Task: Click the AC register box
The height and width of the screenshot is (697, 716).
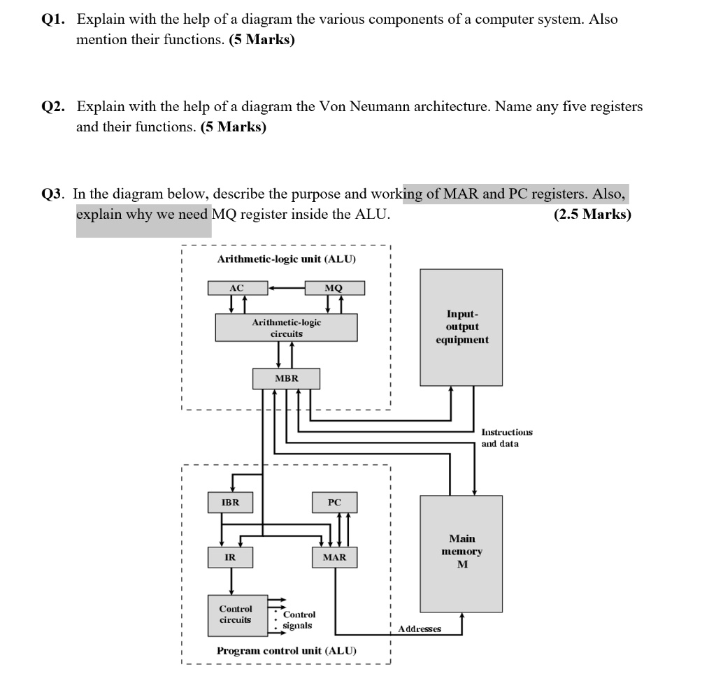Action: [236, 288]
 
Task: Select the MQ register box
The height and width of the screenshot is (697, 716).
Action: [335, 288]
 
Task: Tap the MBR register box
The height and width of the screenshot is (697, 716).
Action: [287, 378]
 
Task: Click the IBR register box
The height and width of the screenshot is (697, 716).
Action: [230, 502]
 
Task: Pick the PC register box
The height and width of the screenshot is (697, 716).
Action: [335, 502]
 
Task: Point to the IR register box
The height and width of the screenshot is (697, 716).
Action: [230, 557]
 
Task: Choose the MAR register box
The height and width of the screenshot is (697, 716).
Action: [335, 557]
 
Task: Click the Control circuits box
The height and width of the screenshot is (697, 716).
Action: [236, 614]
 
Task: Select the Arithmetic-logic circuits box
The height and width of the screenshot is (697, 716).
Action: [287, 328]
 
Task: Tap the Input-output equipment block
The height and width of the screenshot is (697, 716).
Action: [461, 327]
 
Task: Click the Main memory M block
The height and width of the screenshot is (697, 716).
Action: [461, 552]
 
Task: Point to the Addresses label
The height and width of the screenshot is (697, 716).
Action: [420, 629]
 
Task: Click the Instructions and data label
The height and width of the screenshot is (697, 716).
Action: [507, 438]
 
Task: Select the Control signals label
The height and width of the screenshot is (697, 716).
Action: [299, 619]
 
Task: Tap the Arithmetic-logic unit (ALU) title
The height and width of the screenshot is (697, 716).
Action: [287, 259]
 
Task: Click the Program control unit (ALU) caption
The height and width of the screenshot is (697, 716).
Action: [287, 651]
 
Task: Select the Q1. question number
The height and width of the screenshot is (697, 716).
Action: [53, 20]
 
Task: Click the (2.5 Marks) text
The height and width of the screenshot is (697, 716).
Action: [592, 215]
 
